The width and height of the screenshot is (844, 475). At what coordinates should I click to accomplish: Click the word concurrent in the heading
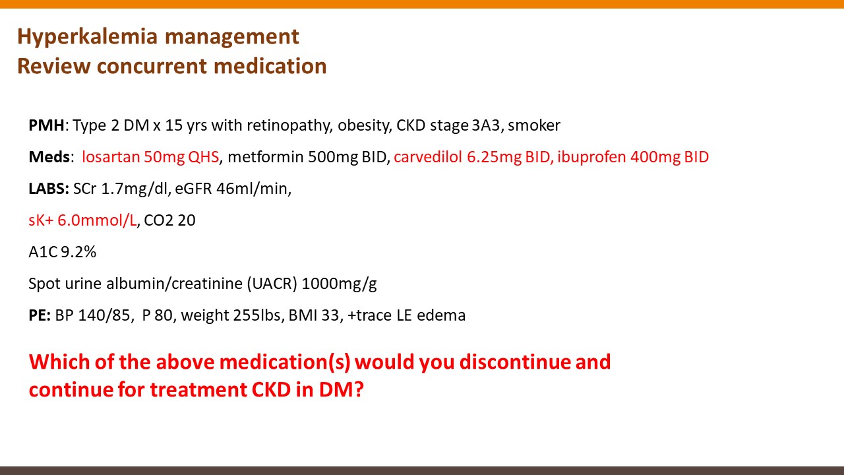(x=152, y=66)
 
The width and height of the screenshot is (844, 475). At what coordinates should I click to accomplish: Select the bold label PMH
(x=46, y=125)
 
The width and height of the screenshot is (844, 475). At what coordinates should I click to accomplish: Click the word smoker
(x=534, y=125)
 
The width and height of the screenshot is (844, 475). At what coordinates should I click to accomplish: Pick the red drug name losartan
(x=111, y=157)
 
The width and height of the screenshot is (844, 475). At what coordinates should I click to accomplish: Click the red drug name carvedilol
(x=428, y=157)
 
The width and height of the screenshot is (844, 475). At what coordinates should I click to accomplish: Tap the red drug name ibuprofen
(x=591, y=158)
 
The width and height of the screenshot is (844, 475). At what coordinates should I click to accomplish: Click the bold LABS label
(x=49, y=189)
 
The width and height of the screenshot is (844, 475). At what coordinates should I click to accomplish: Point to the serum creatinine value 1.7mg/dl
(x=135, y=189)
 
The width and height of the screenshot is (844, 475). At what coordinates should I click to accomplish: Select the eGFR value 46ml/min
(x=252, y=189)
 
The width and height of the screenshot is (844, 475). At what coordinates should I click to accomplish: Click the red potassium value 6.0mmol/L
(x=97, y=220)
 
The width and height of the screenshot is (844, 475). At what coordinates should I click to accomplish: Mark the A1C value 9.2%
(x=78, y=252)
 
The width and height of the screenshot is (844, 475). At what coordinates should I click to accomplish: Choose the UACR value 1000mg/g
(x=339, y=284)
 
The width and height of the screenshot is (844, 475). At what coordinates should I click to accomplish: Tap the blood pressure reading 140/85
(x=104, y=315)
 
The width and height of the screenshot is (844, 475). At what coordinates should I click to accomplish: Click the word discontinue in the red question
(x=515, y=362)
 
